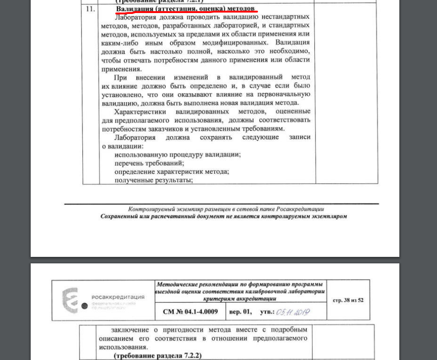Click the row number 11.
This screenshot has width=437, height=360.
[x=90, y=9]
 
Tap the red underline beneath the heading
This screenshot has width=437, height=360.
[x=186, y=13]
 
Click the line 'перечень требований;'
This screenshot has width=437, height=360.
[x=149, y=163]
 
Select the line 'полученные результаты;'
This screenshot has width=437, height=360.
[x=153, y=180]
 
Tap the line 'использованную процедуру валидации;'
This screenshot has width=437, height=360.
[x=178, y=155]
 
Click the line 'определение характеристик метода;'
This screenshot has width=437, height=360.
[x=172, y=171]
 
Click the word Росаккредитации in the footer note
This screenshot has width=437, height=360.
[x=300, y=209]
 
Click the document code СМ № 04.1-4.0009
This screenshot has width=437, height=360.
[x=190, y=312]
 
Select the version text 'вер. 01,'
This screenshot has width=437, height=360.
[x=240, y=312]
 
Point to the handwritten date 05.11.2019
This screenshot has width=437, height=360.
[x=293, y=312]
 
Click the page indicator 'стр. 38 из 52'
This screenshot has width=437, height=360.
[x=348, y=300]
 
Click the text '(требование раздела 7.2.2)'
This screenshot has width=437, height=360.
[x=158, y=355]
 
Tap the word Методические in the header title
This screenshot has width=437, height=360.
[x=177, y=284]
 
